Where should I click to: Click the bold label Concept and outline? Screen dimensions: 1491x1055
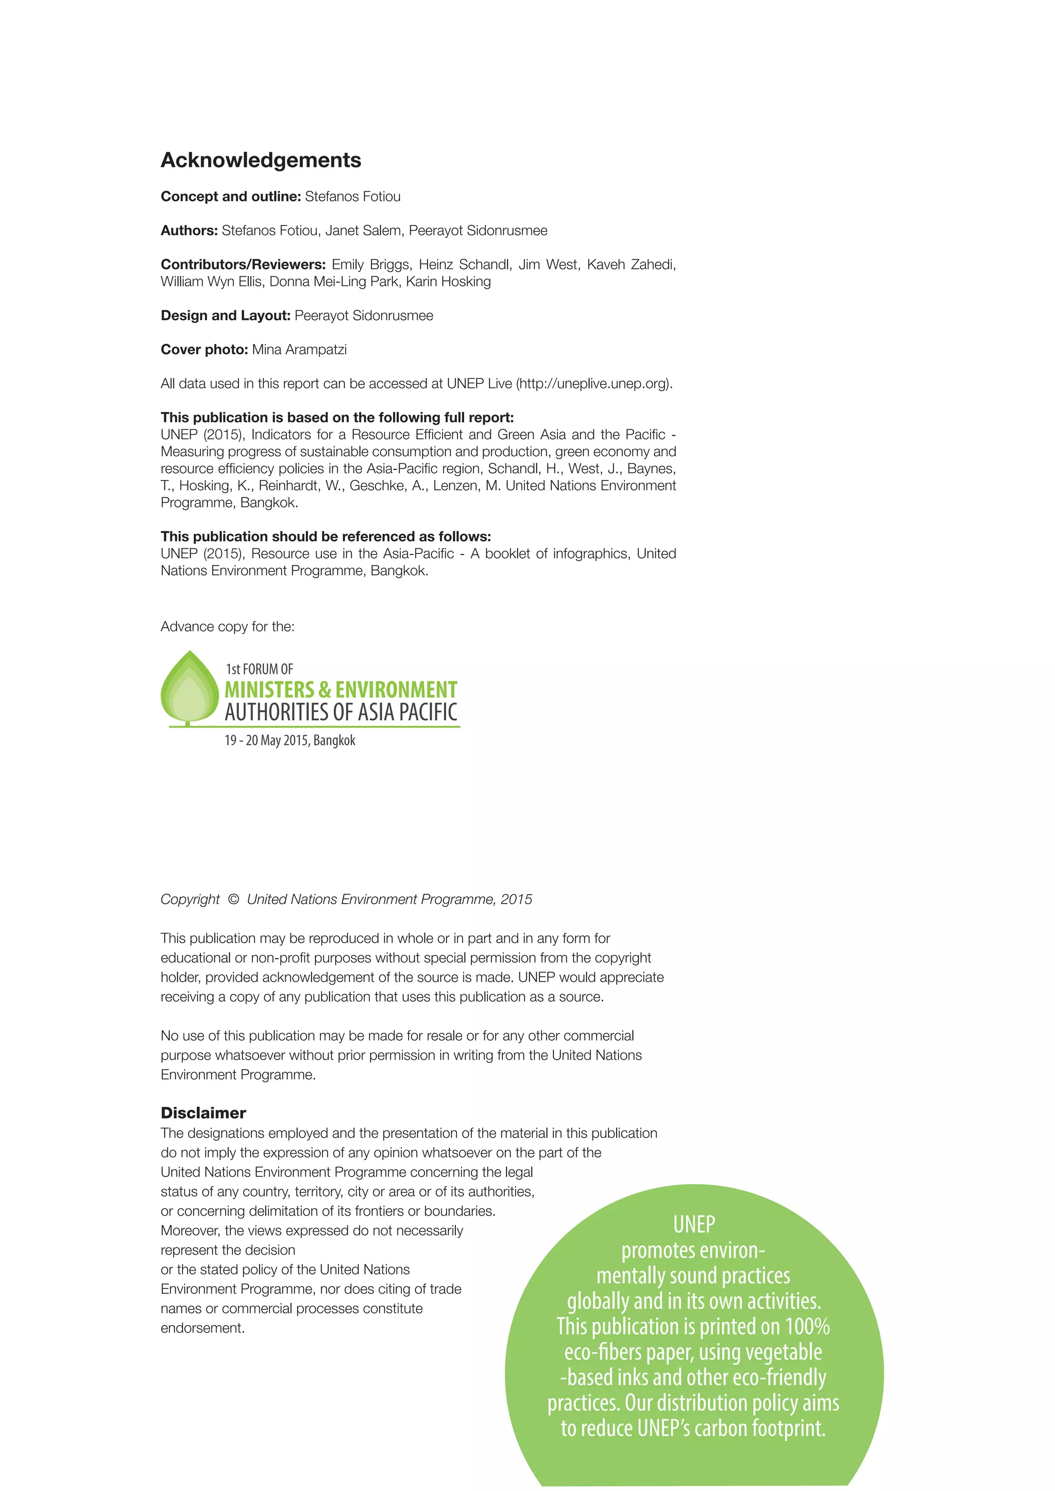[x=230, y=197]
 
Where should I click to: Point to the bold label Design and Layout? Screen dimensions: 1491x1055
[x=225, y=316]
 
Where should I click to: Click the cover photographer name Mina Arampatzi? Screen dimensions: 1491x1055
[x=299, y=350]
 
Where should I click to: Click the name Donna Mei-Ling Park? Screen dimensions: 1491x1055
[x=334, y=281]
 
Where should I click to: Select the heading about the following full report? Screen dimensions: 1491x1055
[x=337, y=417]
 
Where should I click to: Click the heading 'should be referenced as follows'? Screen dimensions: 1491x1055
[x=326, y=536]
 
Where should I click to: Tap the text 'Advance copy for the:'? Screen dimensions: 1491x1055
[x=227, y=627]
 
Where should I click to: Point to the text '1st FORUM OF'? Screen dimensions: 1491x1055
[x=259, y=669]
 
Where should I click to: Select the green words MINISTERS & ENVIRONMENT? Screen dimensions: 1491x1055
[x=341, y=690]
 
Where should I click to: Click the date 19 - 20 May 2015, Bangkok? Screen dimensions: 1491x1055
[x=290, y=740]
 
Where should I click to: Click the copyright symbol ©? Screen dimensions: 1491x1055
[x=233, y=899]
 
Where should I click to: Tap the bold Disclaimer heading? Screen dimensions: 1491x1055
[x=203, y=1113]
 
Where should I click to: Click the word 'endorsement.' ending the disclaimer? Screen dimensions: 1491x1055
[x=202, y=1328]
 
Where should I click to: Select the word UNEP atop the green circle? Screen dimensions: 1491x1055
[x=694, y=1225]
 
